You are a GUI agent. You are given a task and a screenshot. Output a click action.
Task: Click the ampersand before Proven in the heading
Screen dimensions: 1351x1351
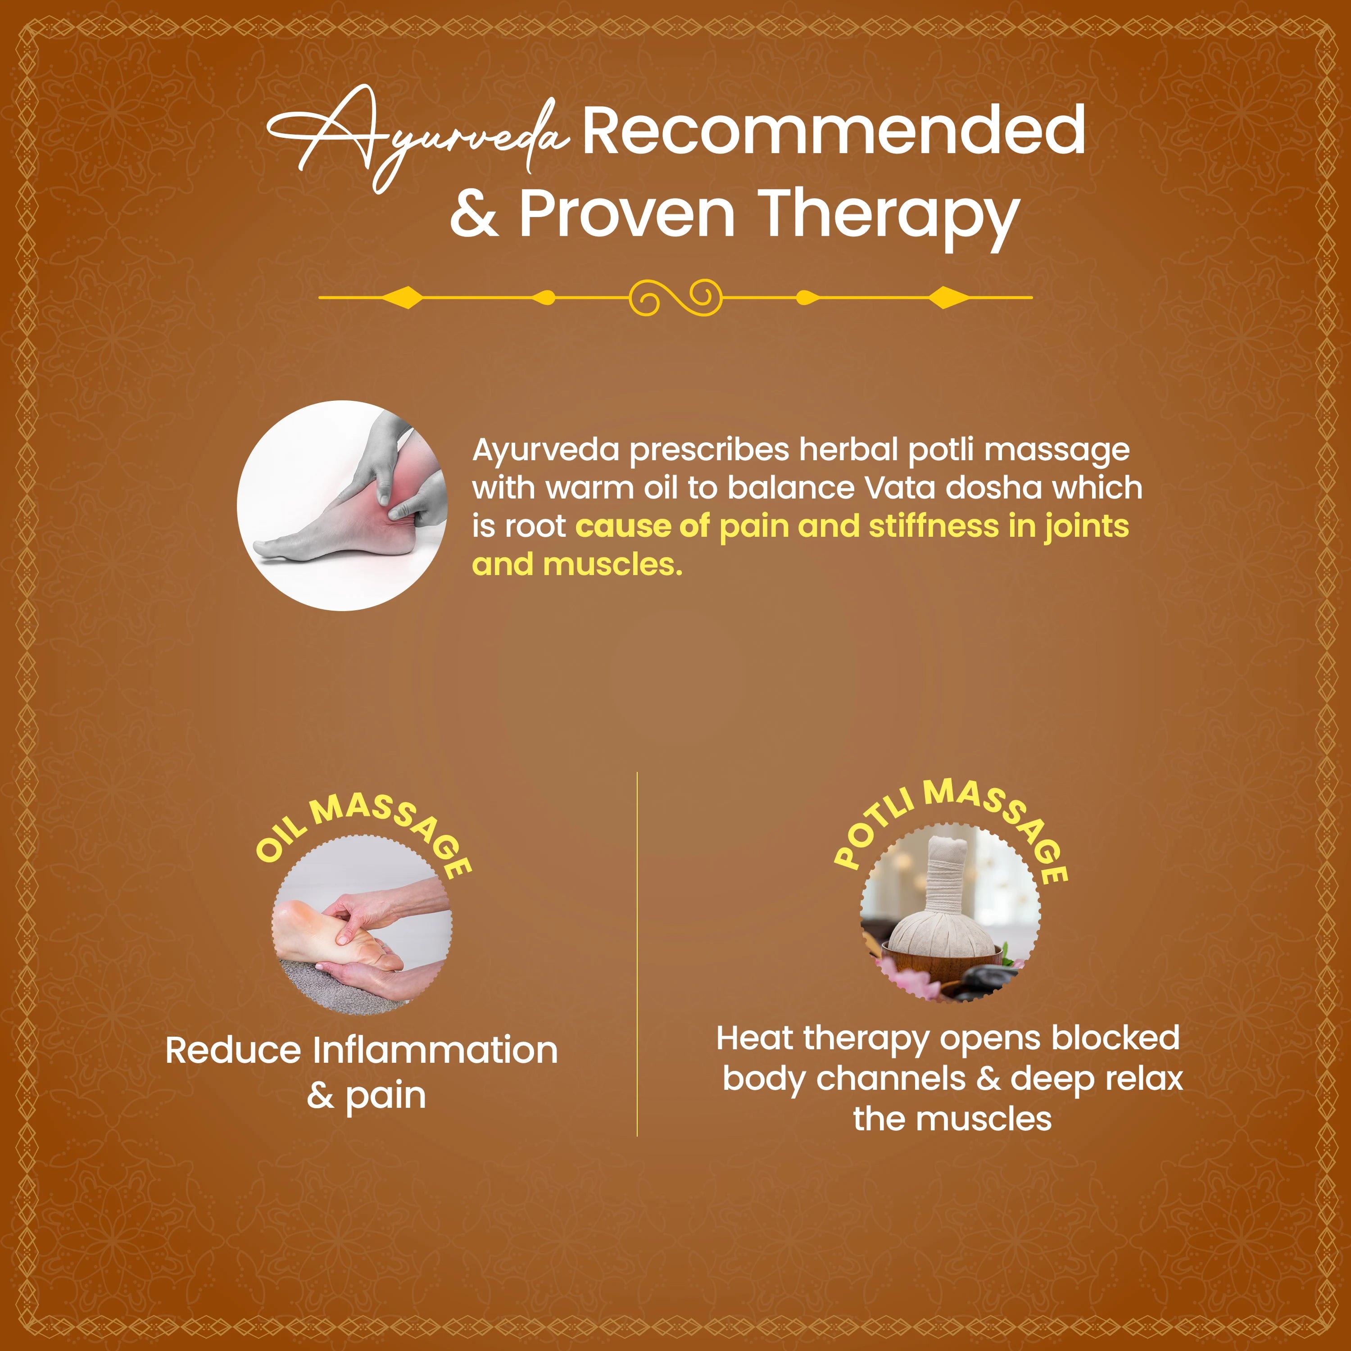point(474,214)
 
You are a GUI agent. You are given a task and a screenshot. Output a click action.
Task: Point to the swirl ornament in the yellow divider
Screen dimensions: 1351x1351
point(675,297)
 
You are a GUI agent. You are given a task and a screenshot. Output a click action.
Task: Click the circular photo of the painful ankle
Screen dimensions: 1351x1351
point(342,506)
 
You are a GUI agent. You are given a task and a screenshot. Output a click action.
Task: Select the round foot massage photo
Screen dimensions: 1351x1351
point(362,925)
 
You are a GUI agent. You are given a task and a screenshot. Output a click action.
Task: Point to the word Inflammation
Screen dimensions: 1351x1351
point(435,1051)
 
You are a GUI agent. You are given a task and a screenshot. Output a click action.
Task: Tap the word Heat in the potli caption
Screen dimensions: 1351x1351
point(756,1038)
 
